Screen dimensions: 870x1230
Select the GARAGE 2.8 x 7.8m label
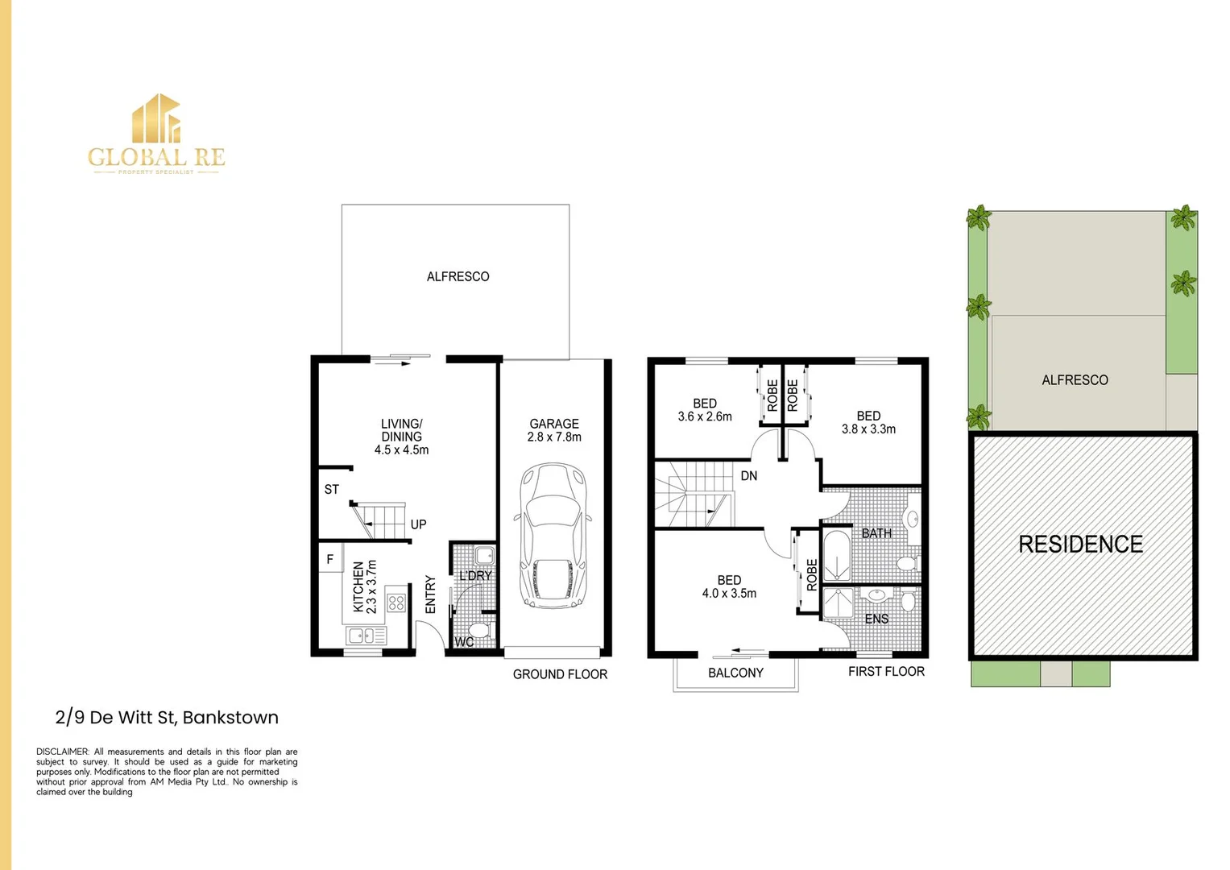click(x=554, y=430)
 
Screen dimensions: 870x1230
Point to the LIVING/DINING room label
click(x=401, y=437)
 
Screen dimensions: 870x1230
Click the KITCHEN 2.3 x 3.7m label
click(x=365, y=587)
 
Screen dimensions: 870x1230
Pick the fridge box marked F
click(x=330, y=559)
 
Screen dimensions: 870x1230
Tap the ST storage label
click(x=332, y=490)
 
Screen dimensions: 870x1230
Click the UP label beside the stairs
click(x=418, y=524)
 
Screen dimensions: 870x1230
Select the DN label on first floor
click(x=749, y=476)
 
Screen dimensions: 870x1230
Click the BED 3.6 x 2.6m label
click(x=705, y=410)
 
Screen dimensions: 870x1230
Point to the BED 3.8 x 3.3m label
click(x=868, y=423)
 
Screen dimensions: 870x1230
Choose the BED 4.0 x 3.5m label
click(x=729, y=586)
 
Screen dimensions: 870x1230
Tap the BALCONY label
click(x=735, y=673)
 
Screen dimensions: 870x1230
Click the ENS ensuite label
click(x=876, y=619)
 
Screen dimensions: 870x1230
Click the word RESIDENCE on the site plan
click(x=1080, y=545)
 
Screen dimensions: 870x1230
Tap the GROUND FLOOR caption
click(x=560, y=675)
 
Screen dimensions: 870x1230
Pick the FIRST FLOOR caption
click(x=886, y=672)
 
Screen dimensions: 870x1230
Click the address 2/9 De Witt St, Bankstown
click(x=167, y=718)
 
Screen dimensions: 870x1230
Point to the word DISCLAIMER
click(x=62, y=752)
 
